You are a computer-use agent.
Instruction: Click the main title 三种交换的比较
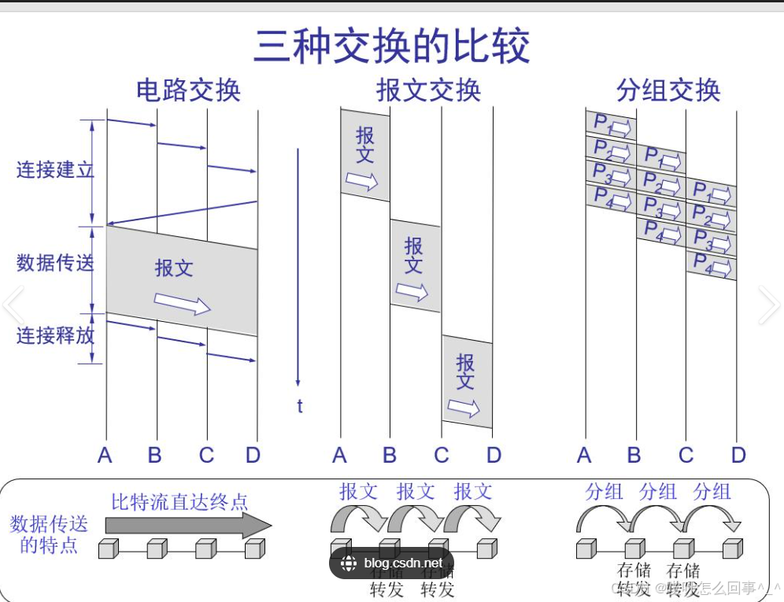(x=391, y=46)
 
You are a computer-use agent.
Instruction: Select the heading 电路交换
(x=188, y=90)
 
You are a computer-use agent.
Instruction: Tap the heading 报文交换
(x=429, y=90)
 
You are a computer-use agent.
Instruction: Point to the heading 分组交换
(x=668, y=90)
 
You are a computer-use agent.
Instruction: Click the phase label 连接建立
(x=55, y=169)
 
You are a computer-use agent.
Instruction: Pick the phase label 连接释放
(x=55, y=336)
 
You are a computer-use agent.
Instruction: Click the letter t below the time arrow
(x=300, y=406)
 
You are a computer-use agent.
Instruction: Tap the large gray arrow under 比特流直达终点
(x=189, y=525)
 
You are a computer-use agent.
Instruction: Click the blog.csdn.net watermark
(x=391, y=563)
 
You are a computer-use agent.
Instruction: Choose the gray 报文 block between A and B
(x=364, y=154)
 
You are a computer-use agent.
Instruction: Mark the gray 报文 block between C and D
(x=467, y=382)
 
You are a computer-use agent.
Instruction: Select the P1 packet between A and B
(x=611, y=124)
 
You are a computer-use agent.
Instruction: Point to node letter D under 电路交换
(x=253, y=455)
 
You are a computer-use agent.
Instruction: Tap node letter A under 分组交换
(x=584, y=455)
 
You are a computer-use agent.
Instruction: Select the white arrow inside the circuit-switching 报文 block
(x=182, y=303)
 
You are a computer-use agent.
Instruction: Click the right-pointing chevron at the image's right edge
(x=769, y=305)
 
